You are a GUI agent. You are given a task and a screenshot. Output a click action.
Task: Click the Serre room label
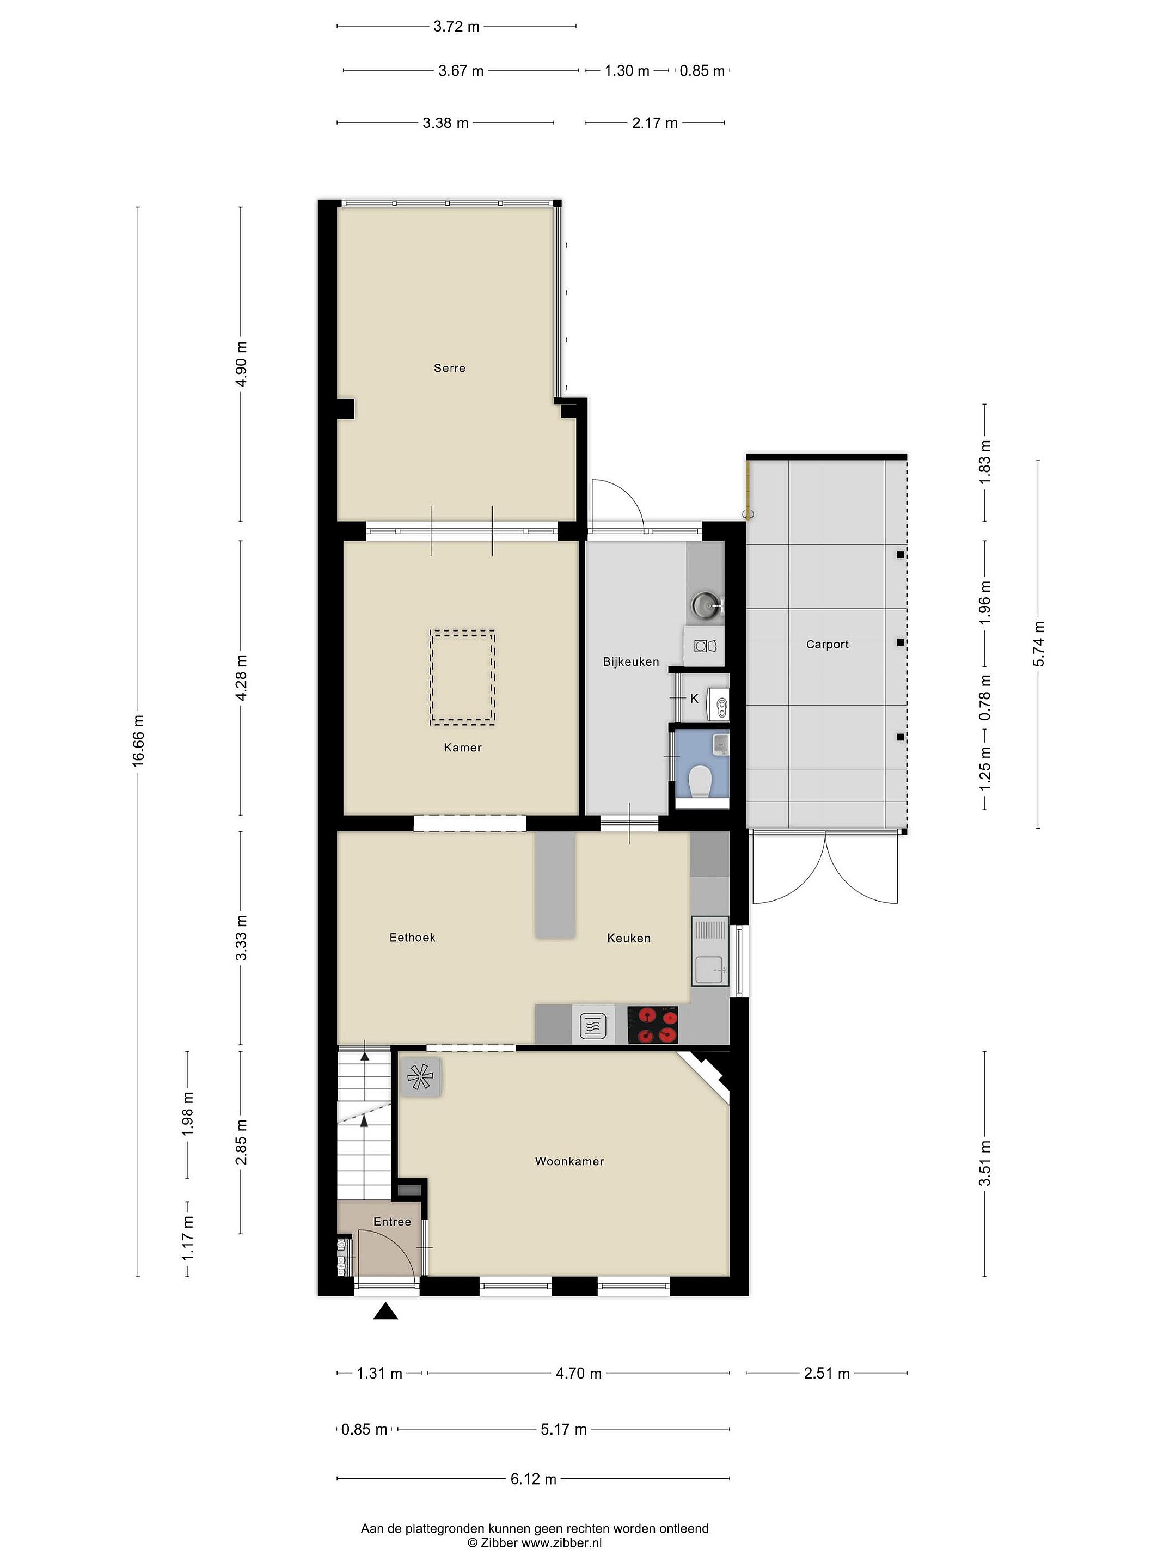(x=449, y=368)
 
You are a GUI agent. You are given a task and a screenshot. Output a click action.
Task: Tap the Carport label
(x=827, y=645)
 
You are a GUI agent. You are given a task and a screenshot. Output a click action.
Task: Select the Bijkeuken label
(x=631, y=662)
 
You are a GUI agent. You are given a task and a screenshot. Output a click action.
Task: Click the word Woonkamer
(x=569, y=1161)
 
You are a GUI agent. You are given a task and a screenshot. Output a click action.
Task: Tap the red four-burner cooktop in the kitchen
(x=653, y=1025)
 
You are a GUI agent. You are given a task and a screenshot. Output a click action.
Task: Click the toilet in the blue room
(x=700, y=781)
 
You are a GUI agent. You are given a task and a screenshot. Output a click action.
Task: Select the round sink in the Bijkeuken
(x=705, y=605)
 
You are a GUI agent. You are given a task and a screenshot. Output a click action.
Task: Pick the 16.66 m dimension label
(x=138, y=740)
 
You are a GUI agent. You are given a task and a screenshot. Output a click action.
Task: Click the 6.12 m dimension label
(x=534, y=1479)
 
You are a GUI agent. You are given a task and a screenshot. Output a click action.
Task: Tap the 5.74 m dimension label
(x=1038, y=644)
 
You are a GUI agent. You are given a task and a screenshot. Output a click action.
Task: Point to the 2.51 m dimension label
(x=826, y=1373)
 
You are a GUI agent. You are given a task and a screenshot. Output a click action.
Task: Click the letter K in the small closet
(x=695, y=698)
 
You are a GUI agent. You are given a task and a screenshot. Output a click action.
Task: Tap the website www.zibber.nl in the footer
(x=561, y=1542)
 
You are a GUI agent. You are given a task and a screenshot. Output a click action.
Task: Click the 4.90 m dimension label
(x=242, y=364)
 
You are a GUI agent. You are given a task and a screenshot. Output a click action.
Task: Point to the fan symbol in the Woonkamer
(x=420, y=1078)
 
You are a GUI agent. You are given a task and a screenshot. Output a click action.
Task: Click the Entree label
(x=392, y=1221)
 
